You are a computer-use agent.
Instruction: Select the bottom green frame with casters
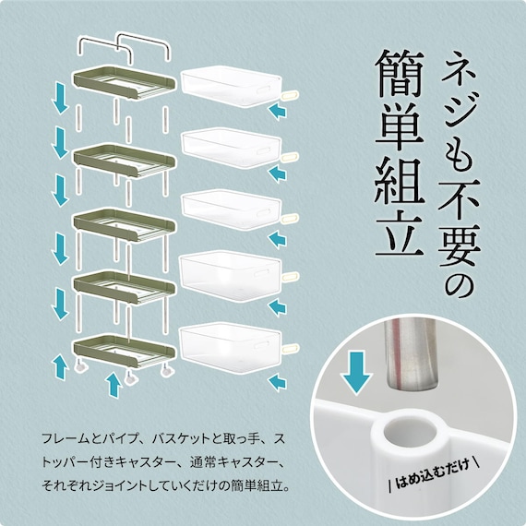125,351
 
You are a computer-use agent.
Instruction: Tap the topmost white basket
232,86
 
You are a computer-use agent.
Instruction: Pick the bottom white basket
230,348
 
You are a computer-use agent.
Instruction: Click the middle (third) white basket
231,209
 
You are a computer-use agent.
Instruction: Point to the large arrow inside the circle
356,373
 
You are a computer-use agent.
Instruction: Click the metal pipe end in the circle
412,355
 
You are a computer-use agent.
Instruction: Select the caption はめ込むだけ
434,475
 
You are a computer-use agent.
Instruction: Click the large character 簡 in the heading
400,74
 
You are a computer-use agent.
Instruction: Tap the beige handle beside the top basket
290,96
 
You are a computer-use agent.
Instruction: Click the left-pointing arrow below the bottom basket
277,383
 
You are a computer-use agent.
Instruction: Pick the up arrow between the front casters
114,385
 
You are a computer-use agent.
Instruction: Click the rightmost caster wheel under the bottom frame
167,372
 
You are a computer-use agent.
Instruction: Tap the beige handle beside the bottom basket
290,348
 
